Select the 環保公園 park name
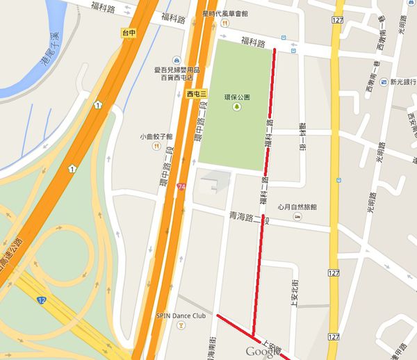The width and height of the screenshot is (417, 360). click(238, 98)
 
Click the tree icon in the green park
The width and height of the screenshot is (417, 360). click(238, 107)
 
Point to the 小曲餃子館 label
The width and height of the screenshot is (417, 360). click(156, 137)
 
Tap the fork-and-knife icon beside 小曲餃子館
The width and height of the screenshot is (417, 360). click(157, 147)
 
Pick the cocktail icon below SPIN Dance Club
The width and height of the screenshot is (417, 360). click(181, 325)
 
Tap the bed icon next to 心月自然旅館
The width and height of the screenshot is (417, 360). click(297, 218)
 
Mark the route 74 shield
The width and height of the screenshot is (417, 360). click(181, 188)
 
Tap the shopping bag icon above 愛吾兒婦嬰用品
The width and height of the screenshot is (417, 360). click(177, 60)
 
